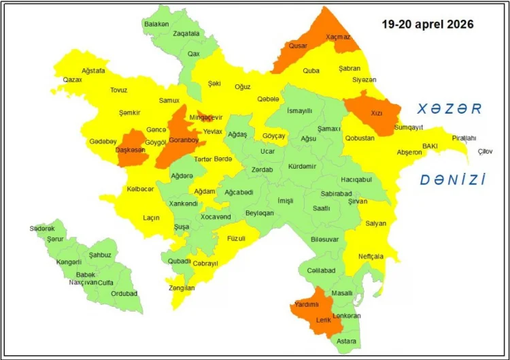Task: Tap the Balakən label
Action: pos(156,24)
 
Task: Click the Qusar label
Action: pos(298,46)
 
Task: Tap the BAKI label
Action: pos(430,146)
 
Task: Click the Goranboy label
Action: pos(183,140)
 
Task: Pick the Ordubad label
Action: pos(124,293)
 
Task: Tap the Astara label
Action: pos(346,340)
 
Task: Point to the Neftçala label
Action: pos(371,257)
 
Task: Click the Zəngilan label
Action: pos(182,288)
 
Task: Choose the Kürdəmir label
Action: pos(303,166)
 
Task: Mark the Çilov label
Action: pos(485,150)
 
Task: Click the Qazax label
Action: pos(72,80)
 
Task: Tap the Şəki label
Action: pos(214,83)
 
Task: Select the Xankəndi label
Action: pos(183,203)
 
